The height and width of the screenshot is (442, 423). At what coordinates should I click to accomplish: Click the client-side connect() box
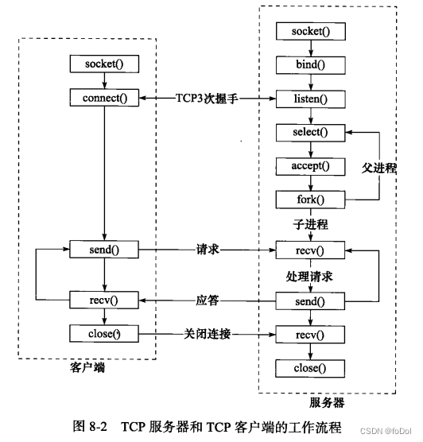coord(104,98)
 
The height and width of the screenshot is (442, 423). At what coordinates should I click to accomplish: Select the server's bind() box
coord(310,65)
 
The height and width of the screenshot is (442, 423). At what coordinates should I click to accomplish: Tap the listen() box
coord(310,99)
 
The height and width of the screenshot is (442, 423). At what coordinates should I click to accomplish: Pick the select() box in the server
coord(310,133)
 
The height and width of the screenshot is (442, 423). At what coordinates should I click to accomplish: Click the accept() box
coord(310,166)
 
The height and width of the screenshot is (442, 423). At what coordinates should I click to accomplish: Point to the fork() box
coord(310,200)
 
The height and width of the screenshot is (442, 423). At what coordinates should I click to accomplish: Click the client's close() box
coord(104,334)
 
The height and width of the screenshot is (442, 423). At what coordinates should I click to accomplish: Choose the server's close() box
coord(310,368)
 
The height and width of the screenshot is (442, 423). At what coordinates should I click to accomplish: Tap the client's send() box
coord(104,250)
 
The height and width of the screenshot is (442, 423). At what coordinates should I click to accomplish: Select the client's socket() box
coord(104,64)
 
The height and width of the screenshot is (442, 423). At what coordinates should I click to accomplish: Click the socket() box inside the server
coord(311,31)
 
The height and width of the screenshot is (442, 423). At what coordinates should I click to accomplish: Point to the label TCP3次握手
coord(208,99)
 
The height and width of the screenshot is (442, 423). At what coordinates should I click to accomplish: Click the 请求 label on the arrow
coord(208,250)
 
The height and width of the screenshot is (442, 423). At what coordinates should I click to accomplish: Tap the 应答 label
coord(208,300)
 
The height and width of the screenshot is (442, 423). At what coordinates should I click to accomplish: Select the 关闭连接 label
coord(208,335)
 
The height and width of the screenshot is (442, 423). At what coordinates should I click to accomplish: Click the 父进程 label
coord(379,168)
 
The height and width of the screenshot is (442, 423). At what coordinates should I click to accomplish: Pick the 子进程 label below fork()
coord(310,225)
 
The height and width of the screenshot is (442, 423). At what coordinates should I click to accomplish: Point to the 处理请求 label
coord(309,277)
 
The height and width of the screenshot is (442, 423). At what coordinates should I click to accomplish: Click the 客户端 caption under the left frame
coord(87,367)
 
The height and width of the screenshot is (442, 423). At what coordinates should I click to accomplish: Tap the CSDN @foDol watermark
coord(386,432)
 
